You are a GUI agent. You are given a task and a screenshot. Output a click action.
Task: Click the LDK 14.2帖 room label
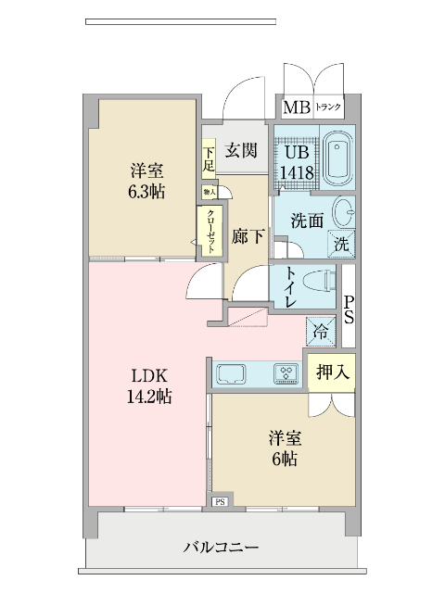click(x=148, y=386)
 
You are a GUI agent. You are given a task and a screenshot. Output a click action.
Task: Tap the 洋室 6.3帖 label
click(x=146, y=182)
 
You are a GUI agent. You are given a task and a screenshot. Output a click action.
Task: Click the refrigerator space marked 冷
click(x=321, y=330)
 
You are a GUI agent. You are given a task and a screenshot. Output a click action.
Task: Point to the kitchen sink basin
click(x=231, y=374)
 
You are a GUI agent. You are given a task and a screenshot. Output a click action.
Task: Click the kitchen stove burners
click(x=286, y=374)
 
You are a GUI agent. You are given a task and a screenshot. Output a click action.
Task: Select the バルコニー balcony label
click(x=221, y=548)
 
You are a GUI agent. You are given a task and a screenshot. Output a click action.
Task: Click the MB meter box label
click(x=296, y=107)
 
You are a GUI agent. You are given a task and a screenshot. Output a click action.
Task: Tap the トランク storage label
click(x=329, y=107)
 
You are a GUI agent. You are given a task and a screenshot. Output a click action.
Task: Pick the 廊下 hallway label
click(x=246, y=236)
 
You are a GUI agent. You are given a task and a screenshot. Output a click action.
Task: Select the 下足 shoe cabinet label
click(x=210, y=158)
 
